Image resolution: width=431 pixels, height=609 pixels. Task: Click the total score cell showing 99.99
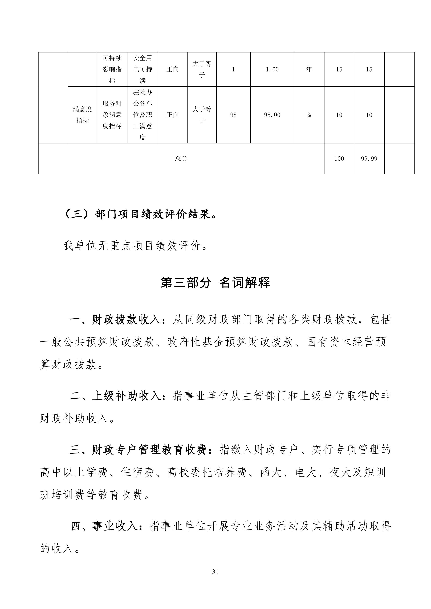[x=369, y=159]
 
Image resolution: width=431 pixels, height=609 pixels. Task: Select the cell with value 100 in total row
[x=339, y=159]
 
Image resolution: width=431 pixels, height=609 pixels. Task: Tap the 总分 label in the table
[x=181, y=159]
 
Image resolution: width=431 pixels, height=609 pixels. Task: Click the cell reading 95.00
[x=272, y=115]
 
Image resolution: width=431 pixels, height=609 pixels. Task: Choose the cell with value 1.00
[x=272, y=69]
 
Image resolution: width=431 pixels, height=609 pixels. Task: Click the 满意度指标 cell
[x=82, y=115]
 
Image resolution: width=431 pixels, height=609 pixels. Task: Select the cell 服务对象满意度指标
[x=112, y=115]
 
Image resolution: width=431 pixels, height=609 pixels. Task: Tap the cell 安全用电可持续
[x=143, y=69]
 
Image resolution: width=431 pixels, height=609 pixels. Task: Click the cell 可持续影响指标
[x=112, y=69]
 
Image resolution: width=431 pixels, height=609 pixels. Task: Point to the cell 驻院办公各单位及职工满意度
[x=143, y=115]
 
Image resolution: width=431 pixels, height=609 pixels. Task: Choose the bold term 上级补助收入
[x=126, y=396]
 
